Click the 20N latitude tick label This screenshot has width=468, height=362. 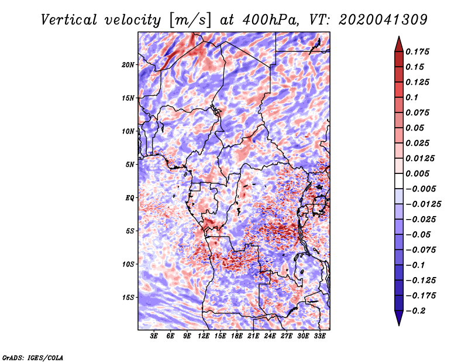coord(128,65)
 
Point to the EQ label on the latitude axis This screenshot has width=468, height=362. coord(129,198)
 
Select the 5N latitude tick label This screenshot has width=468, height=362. coord(130,165)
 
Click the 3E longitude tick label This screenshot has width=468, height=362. coord(154,336)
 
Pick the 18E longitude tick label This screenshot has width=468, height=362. coord(237,336)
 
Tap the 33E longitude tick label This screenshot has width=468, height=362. coord(319,336)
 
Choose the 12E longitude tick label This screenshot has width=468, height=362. coord(204,336)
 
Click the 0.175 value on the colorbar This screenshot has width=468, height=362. coord(417,52)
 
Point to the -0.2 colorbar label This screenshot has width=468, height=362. coord(416,311)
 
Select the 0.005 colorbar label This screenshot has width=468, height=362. coord(417,173)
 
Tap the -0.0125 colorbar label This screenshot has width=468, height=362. coord(424,204)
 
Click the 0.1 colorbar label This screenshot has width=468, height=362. coord(412,97)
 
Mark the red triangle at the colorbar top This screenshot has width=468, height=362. coord(399,44)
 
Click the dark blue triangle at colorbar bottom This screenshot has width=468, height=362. coord(399,318)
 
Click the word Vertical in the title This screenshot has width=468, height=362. coord(69,20)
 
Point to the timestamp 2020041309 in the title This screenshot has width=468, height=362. coord(383,20)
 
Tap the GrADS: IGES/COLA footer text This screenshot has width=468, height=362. coord(33,357)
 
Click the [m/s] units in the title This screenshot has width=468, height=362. coord(190,21)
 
